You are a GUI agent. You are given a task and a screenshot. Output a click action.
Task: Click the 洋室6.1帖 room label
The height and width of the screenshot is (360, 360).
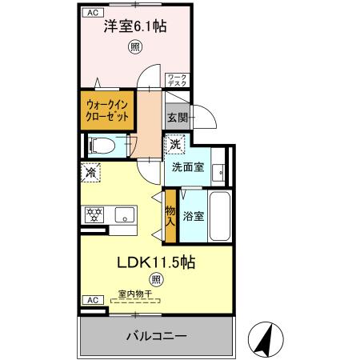[x=134, y=26]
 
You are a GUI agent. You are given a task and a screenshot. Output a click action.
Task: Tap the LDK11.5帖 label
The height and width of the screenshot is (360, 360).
[x=157, y=262]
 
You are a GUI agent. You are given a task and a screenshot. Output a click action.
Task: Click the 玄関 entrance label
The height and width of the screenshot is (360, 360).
[x=177, y=118]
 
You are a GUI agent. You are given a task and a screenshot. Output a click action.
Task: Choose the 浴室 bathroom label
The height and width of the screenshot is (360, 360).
[x=192, y=216]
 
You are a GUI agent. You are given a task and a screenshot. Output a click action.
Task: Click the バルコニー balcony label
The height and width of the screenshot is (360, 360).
[x=156, y=336]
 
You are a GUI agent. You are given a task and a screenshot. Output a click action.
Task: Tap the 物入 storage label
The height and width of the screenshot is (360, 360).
[x=170, y=216]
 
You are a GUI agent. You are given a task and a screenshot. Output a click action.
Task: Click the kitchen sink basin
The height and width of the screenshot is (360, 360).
[x=123, y=214]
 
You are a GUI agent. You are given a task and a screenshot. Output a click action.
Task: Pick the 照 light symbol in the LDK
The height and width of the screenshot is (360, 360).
[x=156, y=280]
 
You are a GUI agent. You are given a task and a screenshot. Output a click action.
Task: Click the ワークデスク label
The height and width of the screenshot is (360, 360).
[x=176, y=80]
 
